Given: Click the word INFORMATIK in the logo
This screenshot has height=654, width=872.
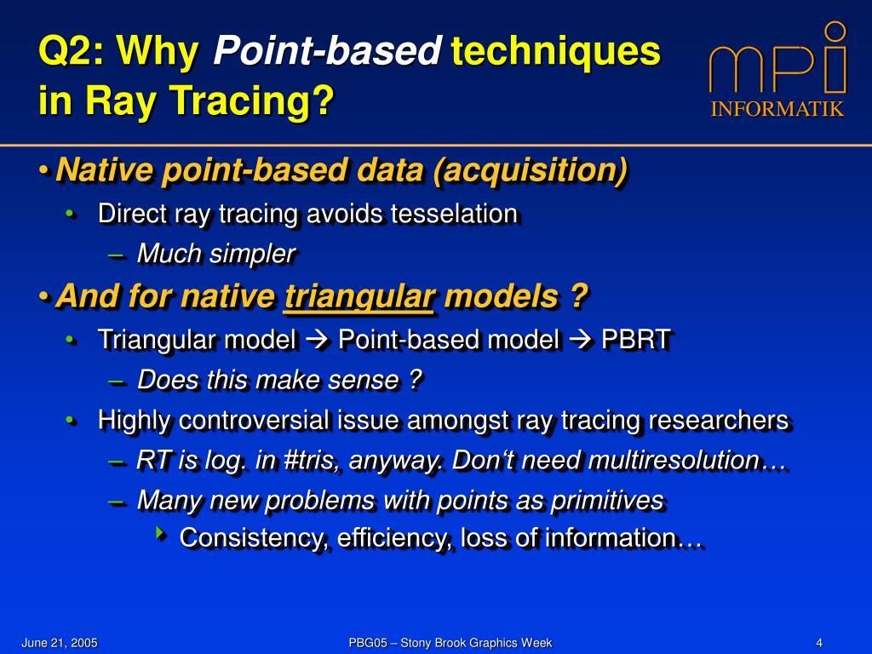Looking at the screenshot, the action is tap(777, 108).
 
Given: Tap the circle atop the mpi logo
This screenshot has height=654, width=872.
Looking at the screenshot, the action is tap(835, 32).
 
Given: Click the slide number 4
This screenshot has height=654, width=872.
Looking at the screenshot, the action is tap(819, 643).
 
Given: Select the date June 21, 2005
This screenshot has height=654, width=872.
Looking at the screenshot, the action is tap(60, 643).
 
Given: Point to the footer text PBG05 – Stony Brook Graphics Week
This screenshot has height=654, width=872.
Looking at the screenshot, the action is tap(450, 643).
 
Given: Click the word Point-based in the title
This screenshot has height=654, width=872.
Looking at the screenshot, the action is tap(328, 50).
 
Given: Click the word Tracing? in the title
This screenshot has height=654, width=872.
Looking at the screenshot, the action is tap(251, 100).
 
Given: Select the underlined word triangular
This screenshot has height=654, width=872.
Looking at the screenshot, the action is tap(359, 295).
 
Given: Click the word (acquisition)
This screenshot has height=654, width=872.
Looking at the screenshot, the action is tap(531, 170).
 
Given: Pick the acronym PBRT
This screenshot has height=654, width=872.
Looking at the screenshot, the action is tap(636, 340).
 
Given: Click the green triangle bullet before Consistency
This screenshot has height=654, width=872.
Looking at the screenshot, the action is tap(161, 534).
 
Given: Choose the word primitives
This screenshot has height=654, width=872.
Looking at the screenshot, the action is tap(607, 501).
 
